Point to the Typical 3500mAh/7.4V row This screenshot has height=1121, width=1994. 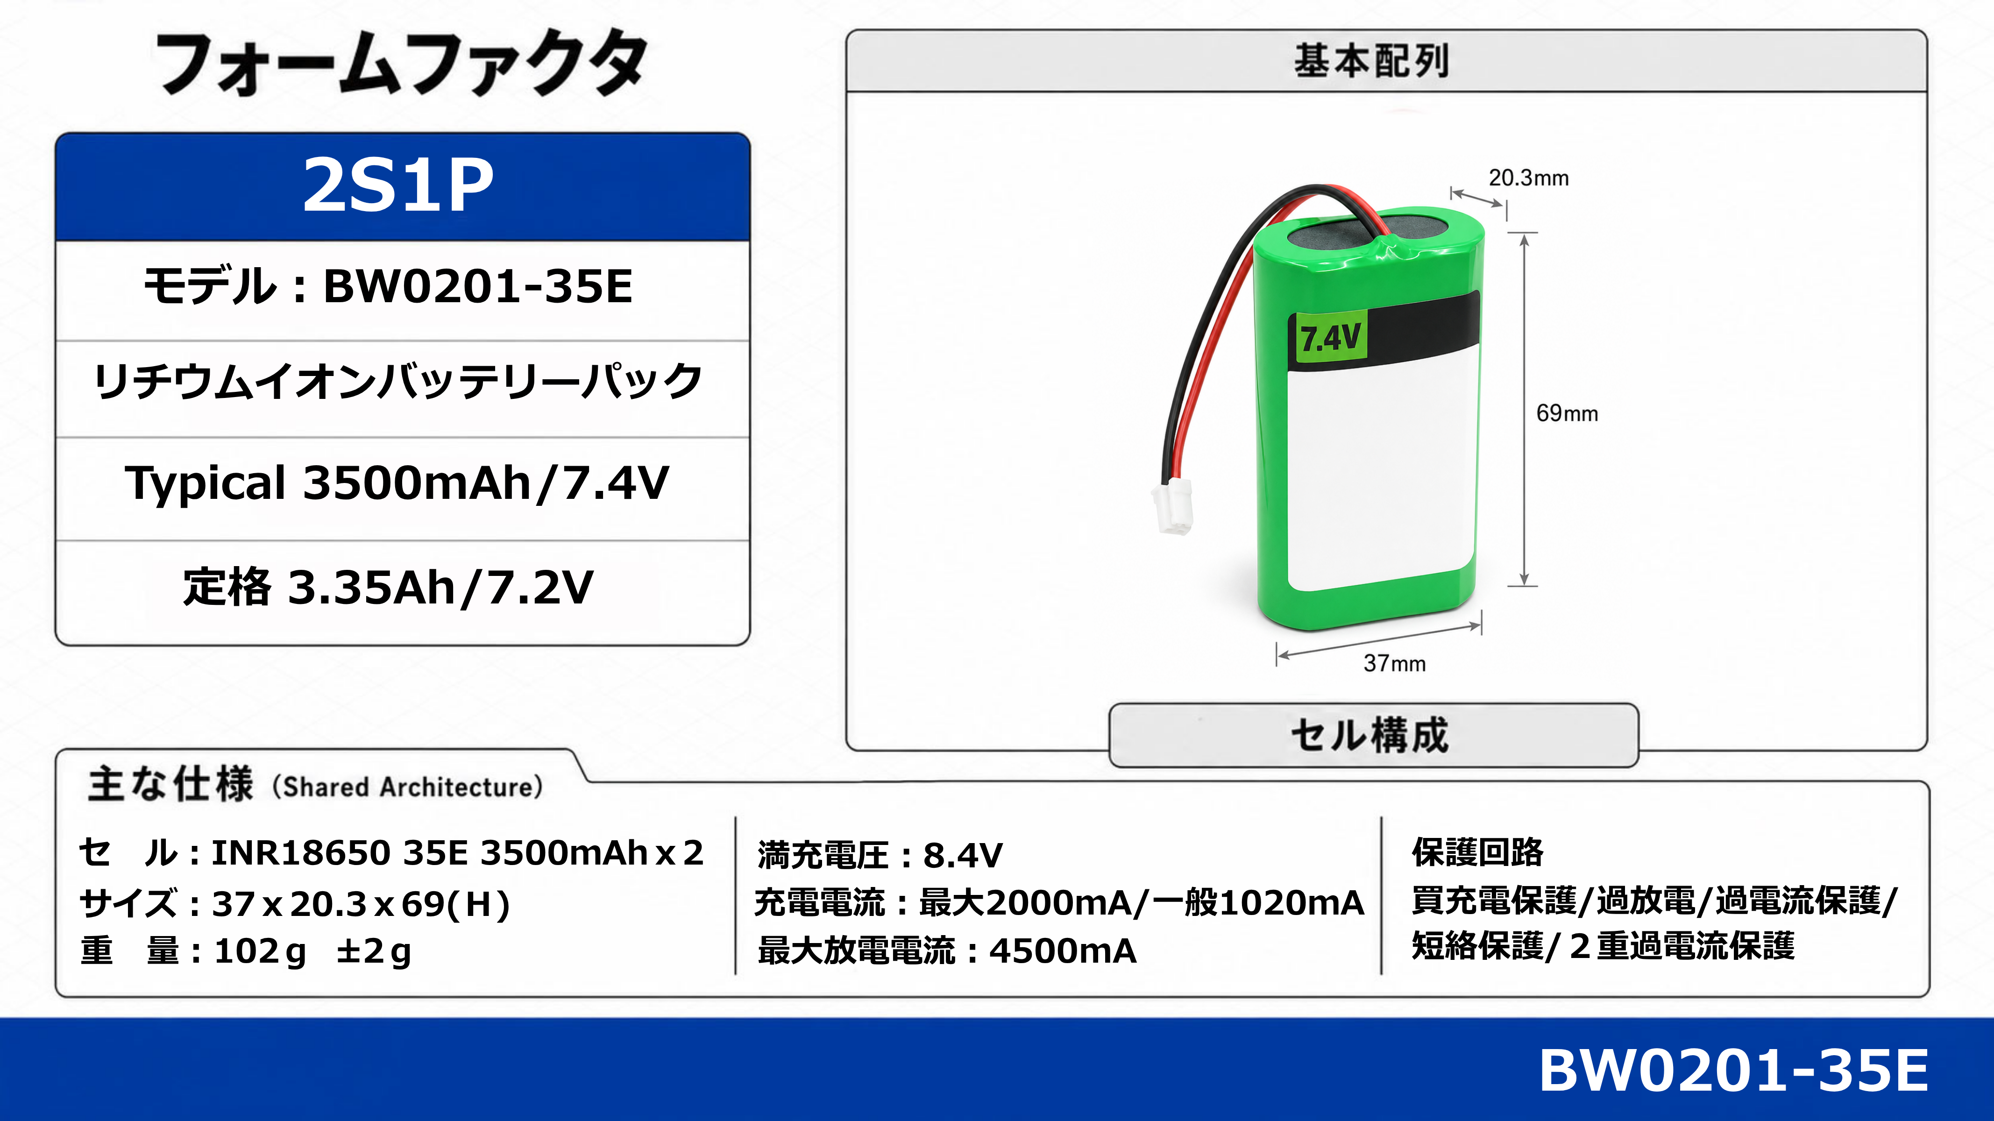[397, 483]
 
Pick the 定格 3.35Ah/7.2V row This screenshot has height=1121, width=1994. [388, 587]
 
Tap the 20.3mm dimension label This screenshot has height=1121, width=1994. [1529, 178]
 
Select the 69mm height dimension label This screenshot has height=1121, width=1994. [1567, 413]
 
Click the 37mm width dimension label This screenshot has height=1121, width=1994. [1394, 663]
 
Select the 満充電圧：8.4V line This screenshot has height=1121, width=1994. [880, 855]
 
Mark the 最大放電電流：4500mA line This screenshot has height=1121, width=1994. [947, 951]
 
